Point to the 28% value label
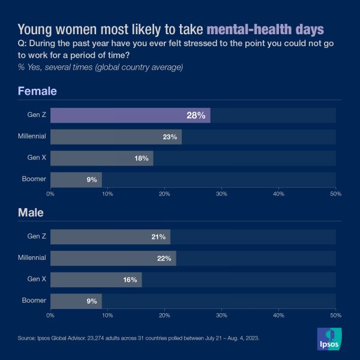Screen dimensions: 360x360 pos(196,115)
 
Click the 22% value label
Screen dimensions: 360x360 pos(164,258)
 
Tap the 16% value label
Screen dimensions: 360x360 pos(130,280)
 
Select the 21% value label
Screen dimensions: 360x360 pos(158,237)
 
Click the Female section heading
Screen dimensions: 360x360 pos(37,91)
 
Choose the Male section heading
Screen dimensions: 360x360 pos(31,212)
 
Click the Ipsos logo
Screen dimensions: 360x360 pos(329,340)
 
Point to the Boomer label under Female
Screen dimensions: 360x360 pos(34,179)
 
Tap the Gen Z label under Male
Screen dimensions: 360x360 pos(37,237)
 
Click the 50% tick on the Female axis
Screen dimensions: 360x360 pos(335,194)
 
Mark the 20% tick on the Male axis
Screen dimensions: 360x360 pos(164,314)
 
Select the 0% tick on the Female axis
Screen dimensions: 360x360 pos(50,194)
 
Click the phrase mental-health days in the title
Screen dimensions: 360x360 pos(265,29)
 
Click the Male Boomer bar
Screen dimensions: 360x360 pos(76,301)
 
